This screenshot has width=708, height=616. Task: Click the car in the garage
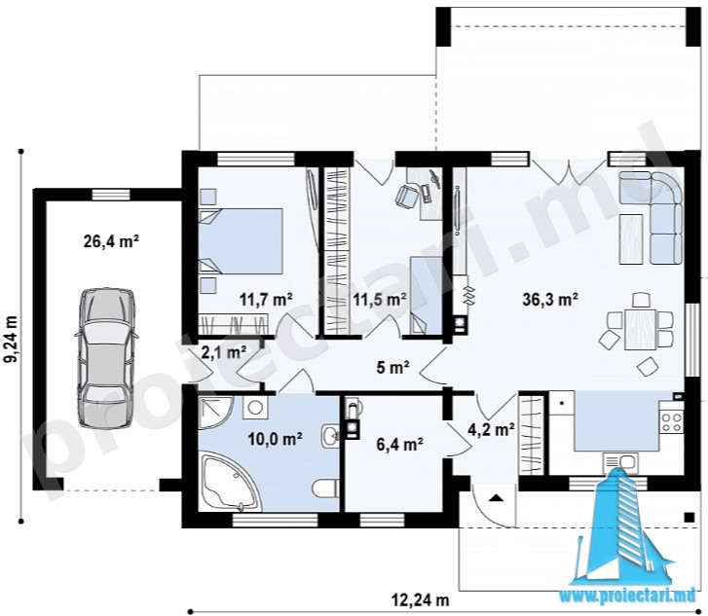tap(106, 357)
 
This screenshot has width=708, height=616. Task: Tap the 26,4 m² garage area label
tap(111, 241)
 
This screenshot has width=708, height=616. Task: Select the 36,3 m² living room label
tap(550, 299)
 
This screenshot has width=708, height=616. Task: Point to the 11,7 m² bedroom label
tap(266, 299)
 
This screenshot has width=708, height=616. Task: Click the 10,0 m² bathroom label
tap(276, 438)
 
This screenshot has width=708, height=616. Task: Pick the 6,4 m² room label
tap(399, 445)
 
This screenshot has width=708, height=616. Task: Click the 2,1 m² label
tap(224, 352)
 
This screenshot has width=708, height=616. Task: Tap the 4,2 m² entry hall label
tap(491, 429)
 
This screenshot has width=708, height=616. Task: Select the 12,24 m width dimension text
tap(420, 600)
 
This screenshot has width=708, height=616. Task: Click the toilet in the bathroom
tap(325, 489)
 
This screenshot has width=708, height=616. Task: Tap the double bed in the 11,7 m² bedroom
tap(241, 241)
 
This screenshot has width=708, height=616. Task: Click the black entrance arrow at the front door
tap(496, 498)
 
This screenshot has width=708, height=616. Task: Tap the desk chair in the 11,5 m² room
tap(407, 197)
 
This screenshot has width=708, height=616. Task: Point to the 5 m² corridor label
tap(392, 368)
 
